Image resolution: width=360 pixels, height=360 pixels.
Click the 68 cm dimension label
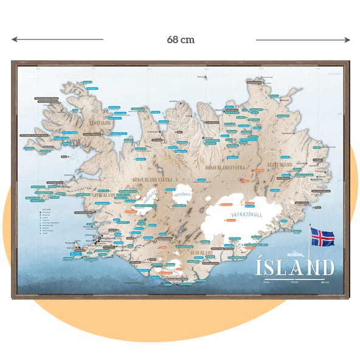coord(180,40)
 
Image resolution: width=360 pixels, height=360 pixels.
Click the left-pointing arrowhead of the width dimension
coord(14,40)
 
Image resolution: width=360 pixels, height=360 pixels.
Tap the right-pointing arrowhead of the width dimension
coord(347,40)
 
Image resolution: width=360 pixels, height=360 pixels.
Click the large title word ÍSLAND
coord(296,268)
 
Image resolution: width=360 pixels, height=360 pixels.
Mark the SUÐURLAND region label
coord(201,251)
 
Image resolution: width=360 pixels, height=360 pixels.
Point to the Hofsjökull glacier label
coord(182,196)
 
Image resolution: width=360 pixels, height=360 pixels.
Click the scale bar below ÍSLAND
coord(296,282)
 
